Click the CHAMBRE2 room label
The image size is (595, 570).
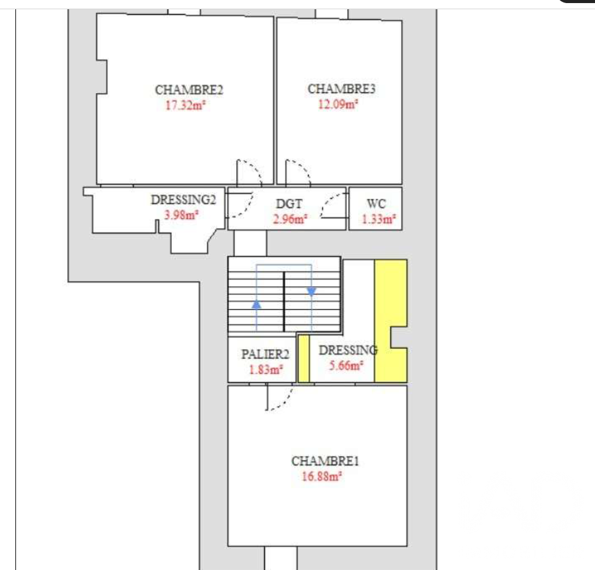click(189, 90)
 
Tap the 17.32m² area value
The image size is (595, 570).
click(185, 105)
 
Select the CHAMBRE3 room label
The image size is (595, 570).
click(341, 89)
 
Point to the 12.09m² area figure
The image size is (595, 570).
click(338, 104)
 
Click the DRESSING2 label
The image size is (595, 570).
click(184, 199)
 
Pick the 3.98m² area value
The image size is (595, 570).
click(181, 215)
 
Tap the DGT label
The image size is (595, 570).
click(289, 204)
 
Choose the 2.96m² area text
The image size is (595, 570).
click(290, 219)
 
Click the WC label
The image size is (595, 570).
click(376, 204)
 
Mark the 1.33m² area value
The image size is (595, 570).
click(379, 219)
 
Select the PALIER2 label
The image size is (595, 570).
click(265, 354)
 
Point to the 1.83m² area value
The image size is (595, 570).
click(266, 369)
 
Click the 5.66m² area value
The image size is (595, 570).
click(346, 366)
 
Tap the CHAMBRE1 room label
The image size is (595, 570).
click(325, 461)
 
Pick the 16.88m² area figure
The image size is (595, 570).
click(322, 476)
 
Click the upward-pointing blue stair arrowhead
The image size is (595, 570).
click(256, 303)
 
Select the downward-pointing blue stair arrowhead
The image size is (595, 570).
click(312, 292)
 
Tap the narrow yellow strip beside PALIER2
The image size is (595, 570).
click(304, 358)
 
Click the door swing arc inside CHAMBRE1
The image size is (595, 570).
click(284, 403)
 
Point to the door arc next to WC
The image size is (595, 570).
click(329, 201)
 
